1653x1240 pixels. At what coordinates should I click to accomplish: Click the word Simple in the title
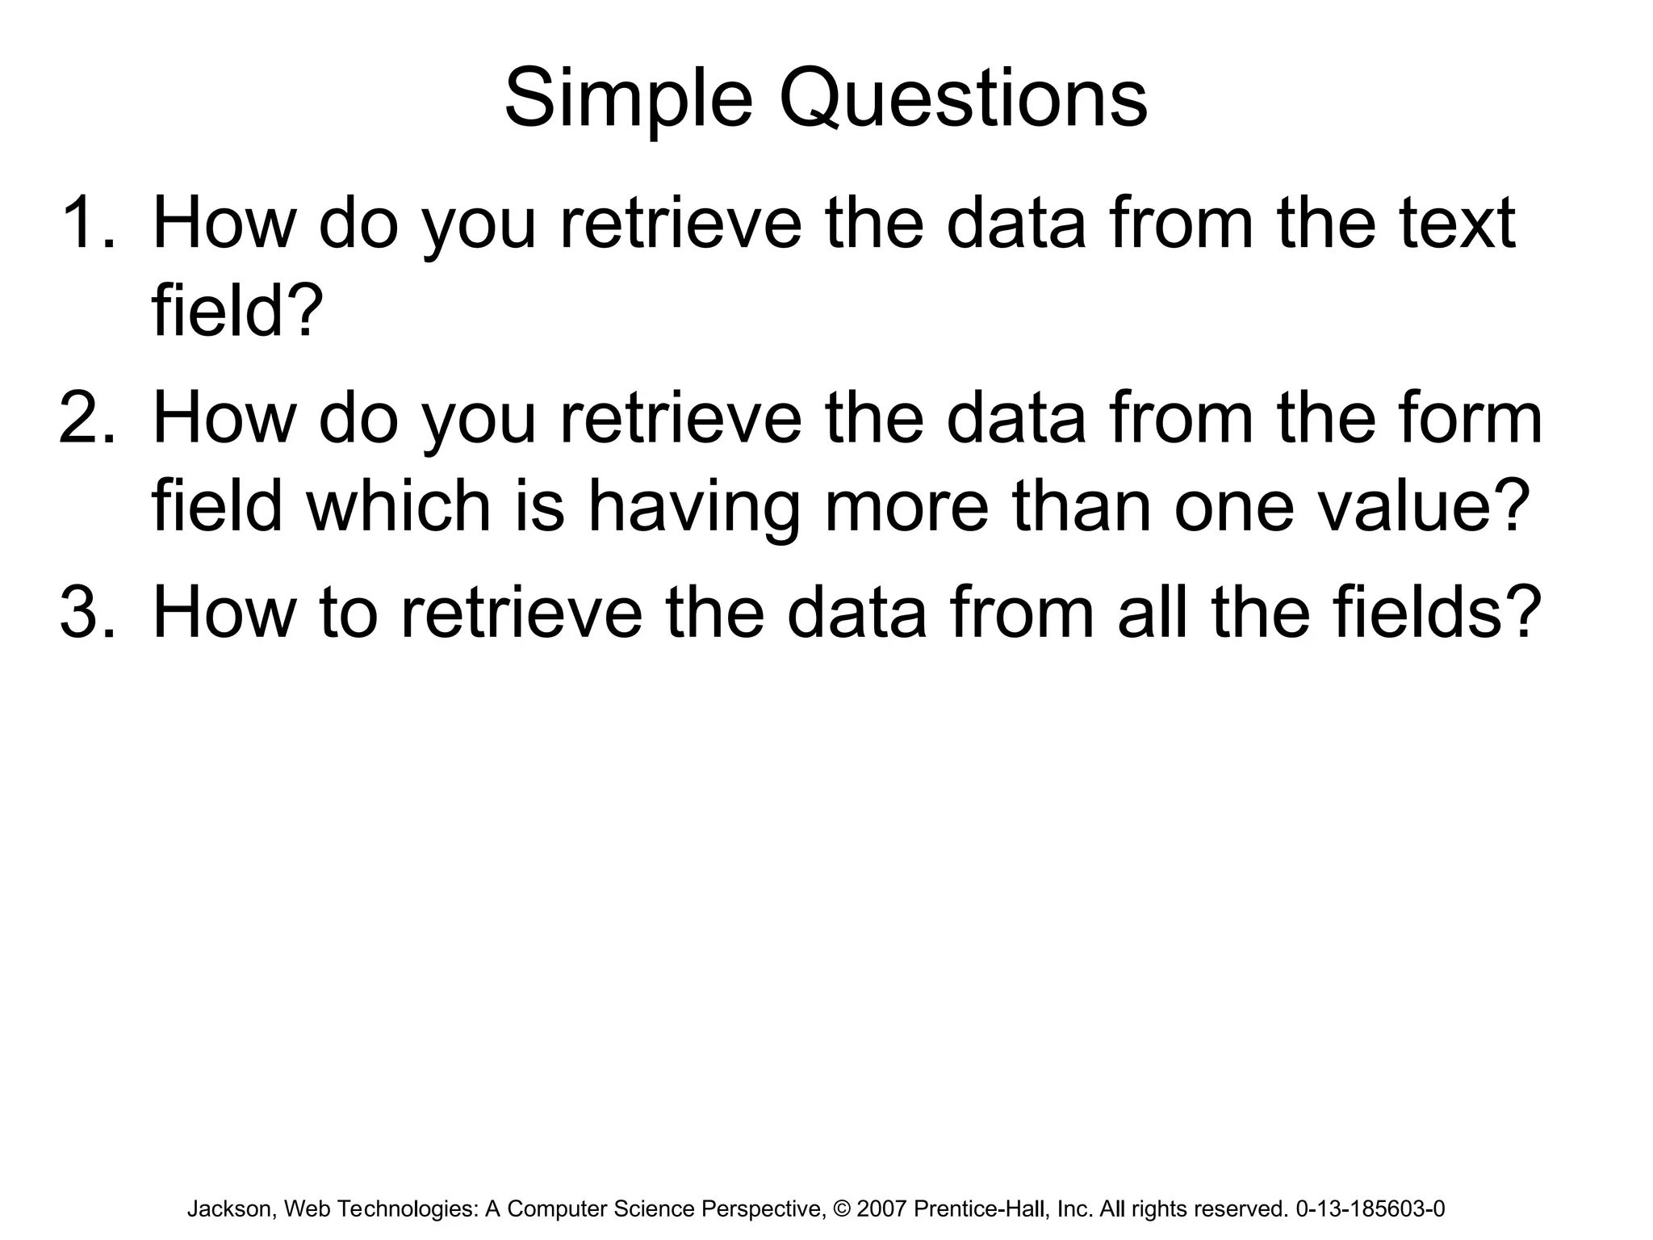point(628,100)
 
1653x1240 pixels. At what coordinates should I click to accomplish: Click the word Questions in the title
point(963,100)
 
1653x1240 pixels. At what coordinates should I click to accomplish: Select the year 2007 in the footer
point(881,1209)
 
